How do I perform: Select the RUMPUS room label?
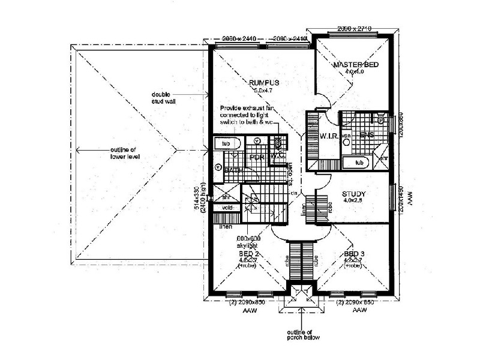[265, 82]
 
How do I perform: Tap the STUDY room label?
[354, 194]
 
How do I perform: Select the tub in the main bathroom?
[226, 145]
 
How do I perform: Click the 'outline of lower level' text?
[125, 153]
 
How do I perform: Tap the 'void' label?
[227, 208]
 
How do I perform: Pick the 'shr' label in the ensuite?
[384, 158]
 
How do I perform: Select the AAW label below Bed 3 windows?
[359, 311]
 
